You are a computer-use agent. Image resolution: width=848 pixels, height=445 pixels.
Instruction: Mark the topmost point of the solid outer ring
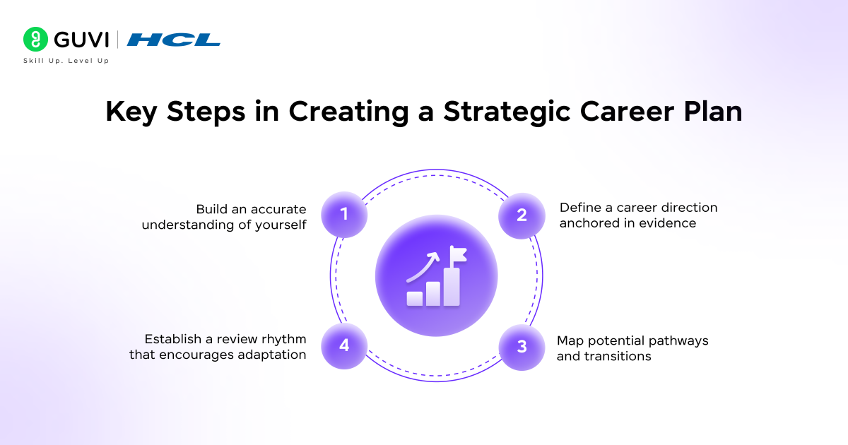click(x=436, y=170)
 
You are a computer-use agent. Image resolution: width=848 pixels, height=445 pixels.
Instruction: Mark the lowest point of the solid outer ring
click(x=436, y=381)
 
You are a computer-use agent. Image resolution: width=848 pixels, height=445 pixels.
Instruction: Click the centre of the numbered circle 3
click(x=522, y=347)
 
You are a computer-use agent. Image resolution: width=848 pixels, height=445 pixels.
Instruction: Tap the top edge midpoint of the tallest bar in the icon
click(x=452, y=268)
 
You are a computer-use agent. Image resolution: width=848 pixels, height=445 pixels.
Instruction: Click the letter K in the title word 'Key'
click(x=115, y=112)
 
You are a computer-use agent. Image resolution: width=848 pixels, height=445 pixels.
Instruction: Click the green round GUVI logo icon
click(x=35, y=39)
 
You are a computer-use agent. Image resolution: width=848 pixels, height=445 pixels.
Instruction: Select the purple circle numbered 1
click(x=344, y=215)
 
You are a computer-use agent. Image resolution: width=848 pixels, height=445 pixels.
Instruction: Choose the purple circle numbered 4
click(x=344, y=346)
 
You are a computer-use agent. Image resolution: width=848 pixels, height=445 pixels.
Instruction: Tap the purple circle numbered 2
click(x=522, y=215)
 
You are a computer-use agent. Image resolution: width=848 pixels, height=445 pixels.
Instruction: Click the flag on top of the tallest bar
click(x=458, y=254)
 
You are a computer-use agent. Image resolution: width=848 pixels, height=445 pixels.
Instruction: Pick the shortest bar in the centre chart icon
click(x=415, y=299)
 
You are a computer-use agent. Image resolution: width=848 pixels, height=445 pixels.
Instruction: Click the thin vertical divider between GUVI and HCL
click(x=118, y=40)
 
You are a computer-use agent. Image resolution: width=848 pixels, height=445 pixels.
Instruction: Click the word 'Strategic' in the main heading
click(x=507, y=112)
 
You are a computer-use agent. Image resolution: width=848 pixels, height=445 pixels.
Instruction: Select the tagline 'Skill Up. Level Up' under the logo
click(x=66, y=61)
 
